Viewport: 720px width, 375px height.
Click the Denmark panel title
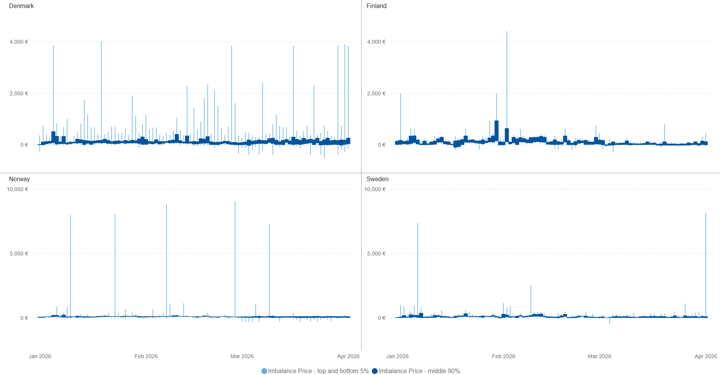pos(21,6)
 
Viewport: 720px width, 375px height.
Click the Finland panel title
pos(376,6)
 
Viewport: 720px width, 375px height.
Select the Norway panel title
pos(20,179)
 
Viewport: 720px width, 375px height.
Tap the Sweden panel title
pos(378,179)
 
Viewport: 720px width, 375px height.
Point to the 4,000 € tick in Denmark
pos(19,42)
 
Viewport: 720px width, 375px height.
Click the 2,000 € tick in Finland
pos(376,94)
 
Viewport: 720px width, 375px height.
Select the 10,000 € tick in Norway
pos(18,190)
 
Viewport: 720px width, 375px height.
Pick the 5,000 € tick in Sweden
pos(376,254)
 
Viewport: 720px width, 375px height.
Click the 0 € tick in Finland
pos(382,145)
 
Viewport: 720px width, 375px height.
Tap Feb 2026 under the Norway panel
pos(146,357)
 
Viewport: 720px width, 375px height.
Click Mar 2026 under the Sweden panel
pos(600,357)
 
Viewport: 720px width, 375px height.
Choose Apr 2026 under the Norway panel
pos(348,357)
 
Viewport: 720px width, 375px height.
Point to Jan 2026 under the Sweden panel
pos(397,357)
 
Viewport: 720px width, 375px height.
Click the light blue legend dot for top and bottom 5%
pos(264,371)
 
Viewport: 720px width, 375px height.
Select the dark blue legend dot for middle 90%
pos(375,371)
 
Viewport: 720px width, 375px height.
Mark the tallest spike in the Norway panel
pos(235,259)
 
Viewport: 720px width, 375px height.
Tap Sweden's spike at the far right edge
pos(705,265)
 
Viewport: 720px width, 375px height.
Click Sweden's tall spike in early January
pos(418,269)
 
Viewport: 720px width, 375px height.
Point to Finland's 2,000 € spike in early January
pos(400,117)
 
